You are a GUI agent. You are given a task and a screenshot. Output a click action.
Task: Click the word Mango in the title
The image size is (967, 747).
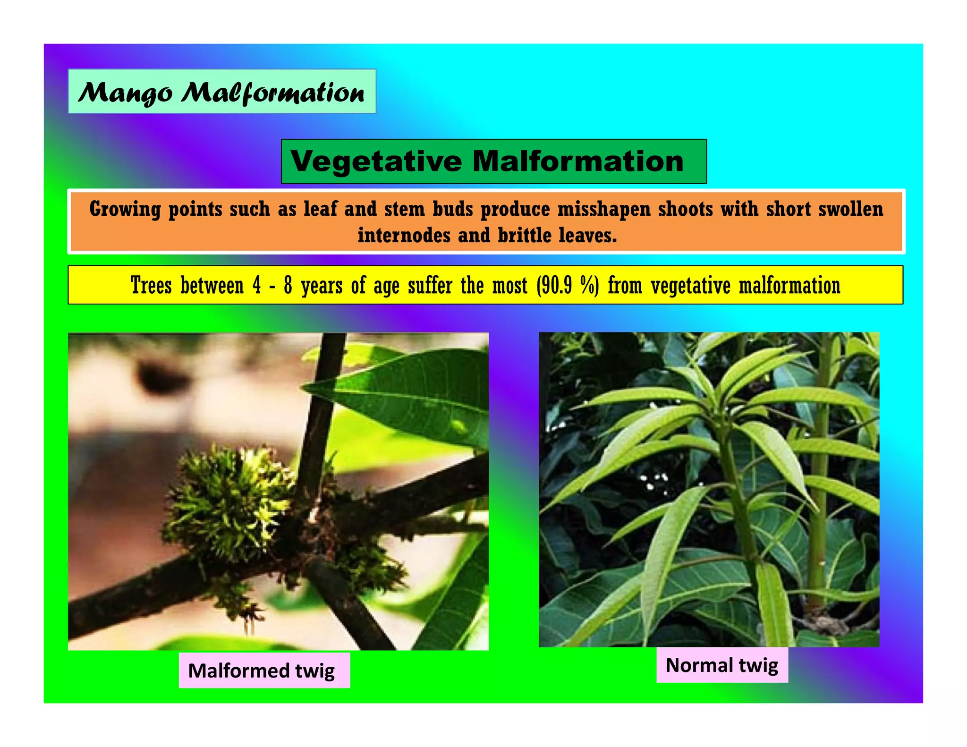[125, 93]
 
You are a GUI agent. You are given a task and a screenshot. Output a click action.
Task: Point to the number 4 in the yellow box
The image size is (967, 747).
[256, 286]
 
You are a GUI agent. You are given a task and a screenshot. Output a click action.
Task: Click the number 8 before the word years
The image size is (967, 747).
[288, 286]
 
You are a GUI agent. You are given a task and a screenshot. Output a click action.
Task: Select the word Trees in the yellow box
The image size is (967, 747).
[151, 286]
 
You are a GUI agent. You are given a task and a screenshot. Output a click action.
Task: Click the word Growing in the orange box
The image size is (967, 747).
[125, 209]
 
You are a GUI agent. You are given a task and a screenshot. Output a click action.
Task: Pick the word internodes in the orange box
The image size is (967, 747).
[404, 235]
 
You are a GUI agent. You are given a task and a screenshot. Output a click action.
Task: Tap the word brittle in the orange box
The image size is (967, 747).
[524, 235]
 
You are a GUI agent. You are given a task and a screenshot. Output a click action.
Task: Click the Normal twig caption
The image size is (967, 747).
[721, 665]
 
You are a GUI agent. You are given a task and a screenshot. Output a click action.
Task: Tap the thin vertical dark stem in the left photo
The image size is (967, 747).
[326, 401]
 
